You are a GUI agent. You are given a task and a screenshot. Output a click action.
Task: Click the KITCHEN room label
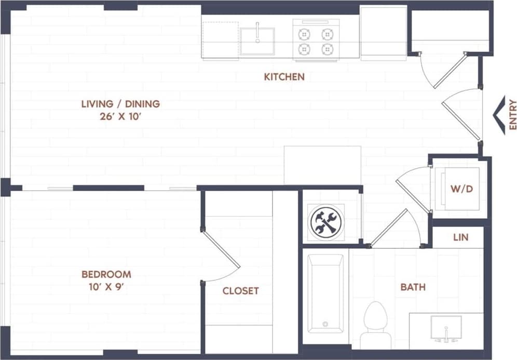click(x=284, y=77)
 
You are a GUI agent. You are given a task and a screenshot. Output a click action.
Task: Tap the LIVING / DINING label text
click(x=120, y=104)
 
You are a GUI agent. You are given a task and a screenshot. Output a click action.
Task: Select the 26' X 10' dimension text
click(x=120, y=117)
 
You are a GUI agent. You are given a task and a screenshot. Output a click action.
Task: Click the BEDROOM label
click(x=106, y=274)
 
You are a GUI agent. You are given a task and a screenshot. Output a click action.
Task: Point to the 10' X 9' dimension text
click(x=106, y=286)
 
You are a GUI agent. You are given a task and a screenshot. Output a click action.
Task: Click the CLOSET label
click(x=240, y=291)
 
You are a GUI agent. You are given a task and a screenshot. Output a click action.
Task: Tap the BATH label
click(x=413, y=287)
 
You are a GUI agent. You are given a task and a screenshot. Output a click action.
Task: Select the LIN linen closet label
click(x=460, y=237)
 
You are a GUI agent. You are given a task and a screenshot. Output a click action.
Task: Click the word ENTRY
click(x=512, y=114)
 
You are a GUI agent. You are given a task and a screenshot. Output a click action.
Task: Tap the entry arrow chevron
click(x=499, y=115)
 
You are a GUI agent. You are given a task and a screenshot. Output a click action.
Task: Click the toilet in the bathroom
click(x=375, y=325)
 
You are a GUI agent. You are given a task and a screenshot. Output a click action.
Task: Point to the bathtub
click(x=325, y=294)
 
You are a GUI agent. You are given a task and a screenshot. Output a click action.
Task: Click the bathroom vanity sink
click(x=446, y=329)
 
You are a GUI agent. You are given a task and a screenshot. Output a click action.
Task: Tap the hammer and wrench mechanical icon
click(x=326, y=222)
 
